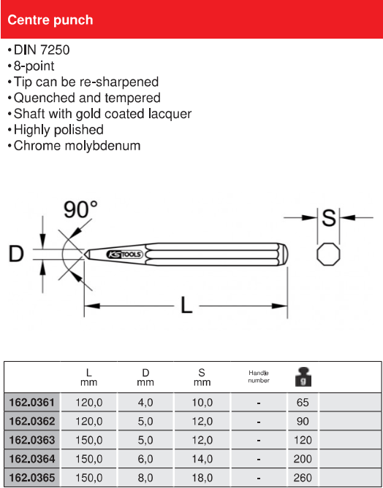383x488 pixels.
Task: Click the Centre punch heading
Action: [x=50, y=20]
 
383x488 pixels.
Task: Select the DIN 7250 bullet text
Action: [x=42, y=50]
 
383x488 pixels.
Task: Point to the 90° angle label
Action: [x=81, y=209]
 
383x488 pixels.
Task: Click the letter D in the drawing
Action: [x=16, y=254]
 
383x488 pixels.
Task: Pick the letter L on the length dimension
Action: [x=186, y=305]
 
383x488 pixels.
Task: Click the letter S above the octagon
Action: [x=329, y=217]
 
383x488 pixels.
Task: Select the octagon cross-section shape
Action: [x=328, y=255]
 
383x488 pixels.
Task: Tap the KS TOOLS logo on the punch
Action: [x=124, y=255]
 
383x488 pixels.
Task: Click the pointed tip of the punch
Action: [x=85, y=255]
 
